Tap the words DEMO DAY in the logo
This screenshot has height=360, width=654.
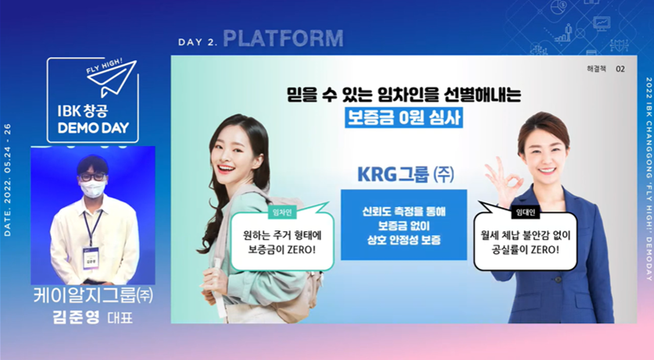[92, 127]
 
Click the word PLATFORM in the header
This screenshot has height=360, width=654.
[283, 38]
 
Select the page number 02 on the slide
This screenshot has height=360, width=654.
[620, 69]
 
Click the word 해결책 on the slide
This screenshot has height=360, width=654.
[596, 69]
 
